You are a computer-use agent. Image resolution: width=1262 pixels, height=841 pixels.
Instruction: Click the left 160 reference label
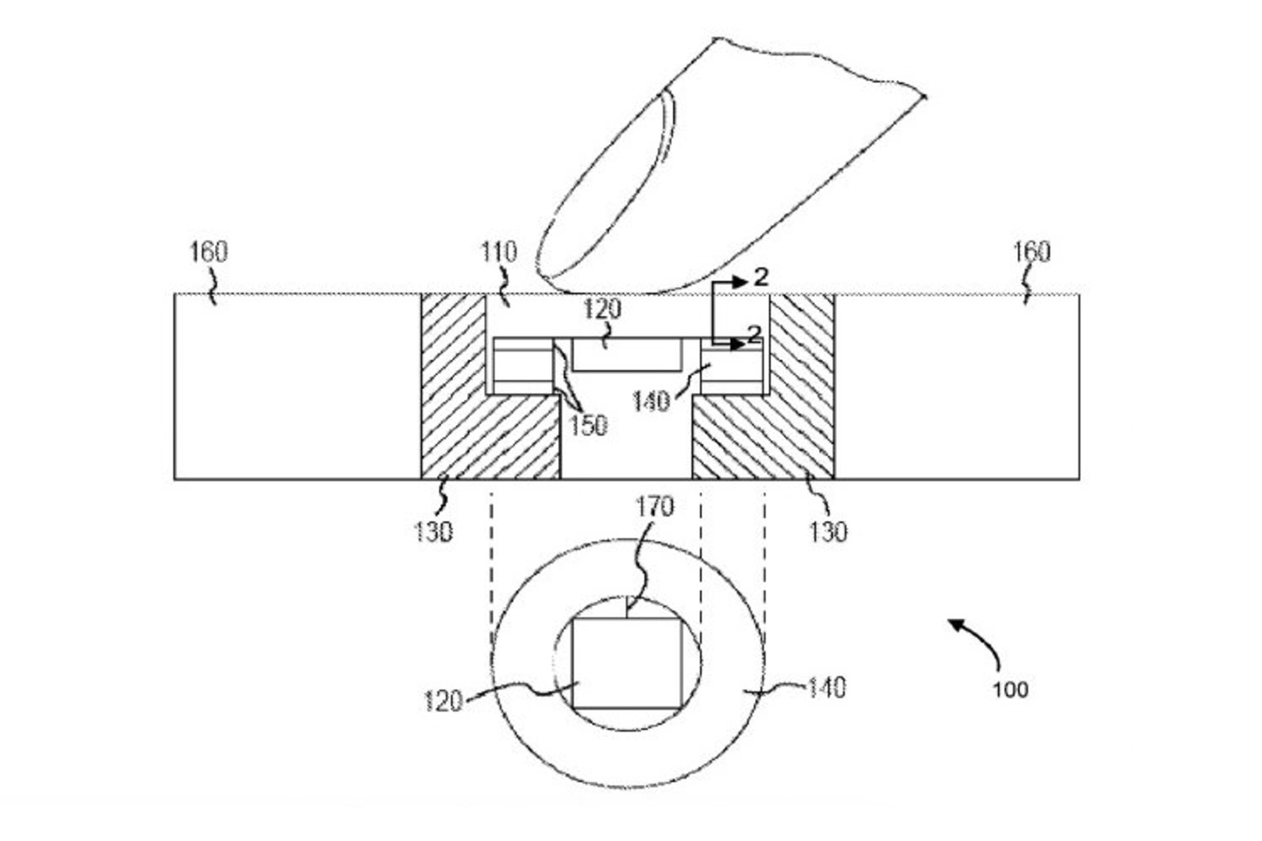pyautogui.click(x=208, y=252)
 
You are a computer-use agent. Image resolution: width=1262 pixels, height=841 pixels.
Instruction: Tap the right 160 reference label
pyautogui.click(x=1031, y=252)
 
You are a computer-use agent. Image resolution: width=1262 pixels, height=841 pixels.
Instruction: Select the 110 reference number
pyautogui.click(x=499, y=252)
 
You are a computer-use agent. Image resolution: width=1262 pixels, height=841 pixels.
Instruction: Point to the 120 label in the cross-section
pyautogui.click(x=602, y=309)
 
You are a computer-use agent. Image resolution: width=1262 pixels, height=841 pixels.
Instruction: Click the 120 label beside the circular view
pyautogui.click(x=443, y=702)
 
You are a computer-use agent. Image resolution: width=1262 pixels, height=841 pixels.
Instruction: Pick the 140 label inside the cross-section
pyautogui.click(x=651, y=401)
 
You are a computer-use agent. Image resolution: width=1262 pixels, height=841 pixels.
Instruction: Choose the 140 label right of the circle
pyautogui.click(x=826, y=688)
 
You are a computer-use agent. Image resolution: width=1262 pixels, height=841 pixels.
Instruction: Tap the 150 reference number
pyautogui.click(x=588, y=426)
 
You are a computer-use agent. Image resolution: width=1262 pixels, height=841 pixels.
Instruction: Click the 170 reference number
pyautogui.click(x=655, y=507)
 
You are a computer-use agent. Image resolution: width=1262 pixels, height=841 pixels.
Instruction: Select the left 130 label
pyautogui.click(x=433, y=531)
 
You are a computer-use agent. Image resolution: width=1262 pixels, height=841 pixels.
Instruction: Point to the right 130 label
pyautogui.click(x=828, y=531)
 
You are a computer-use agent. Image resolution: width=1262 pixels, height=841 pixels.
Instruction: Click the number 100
pyautogui.click(x=1010, y=689)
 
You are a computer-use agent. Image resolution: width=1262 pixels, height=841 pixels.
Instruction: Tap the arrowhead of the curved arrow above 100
pyautogui.click(x=954, y=625)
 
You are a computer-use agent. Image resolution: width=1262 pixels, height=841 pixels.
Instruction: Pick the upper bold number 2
pyautogui.click(x=760, y=277)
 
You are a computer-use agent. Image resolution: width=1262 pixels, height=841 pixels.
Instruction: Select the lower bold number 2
pyautogui.click(x=755, y=334)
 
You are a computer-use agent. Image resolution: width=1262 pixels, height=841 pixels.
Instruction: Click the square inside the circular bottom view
pyautogui.click(x=627, y=663)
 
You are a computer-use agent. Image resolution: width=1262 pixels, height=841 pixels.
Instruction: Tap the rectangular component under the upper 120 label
pyautogui.click(x=626, y=355)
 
